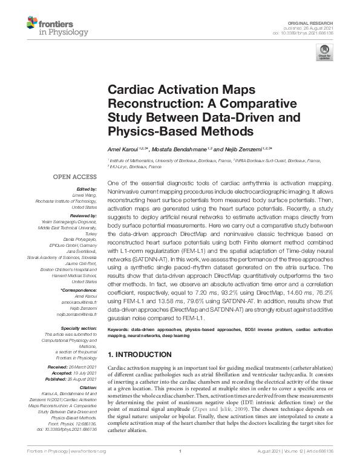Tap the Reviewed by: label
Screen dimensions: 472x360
point(84,215)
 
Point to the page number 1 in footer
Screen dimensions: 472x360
point(180,467)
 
